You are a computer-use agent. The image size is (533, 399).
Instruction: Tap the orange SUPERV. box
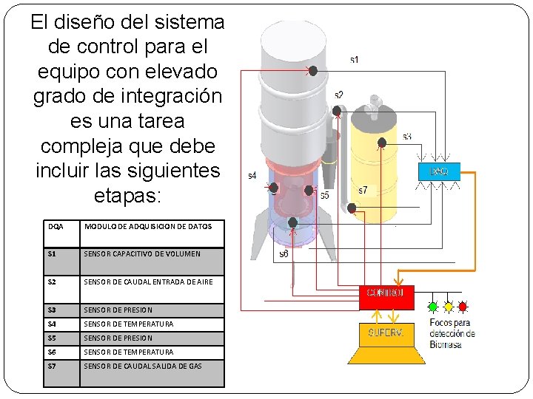click(385, 333)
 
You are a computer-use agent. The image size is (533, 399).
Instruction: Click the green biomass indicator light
click(433, 305)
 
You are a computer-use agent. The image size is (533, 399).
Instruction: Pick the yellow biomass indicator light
click(448, 305)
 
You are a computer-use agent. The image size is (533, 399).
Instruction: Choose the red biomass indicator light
click(463, 305)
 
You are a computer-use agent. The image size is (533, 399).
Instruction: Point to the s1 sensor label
click(355, 59)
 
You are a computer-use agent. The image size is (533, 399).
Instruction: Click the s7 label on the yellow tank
click(363, 191)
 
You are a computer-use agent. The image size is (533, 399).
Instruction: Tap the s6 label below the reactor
click(284, 253)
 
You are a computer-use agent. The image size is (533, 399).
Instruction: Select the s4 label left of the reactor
click(252, 176)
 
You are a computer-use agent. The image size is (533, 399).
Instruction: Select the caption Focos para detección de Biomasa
click(452, 333)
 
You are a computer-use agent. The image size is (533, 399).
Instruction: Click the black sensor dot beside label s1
click(312, 71)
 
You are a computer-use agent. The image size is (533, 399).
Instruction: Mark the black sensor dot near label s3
click(382, 143)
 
